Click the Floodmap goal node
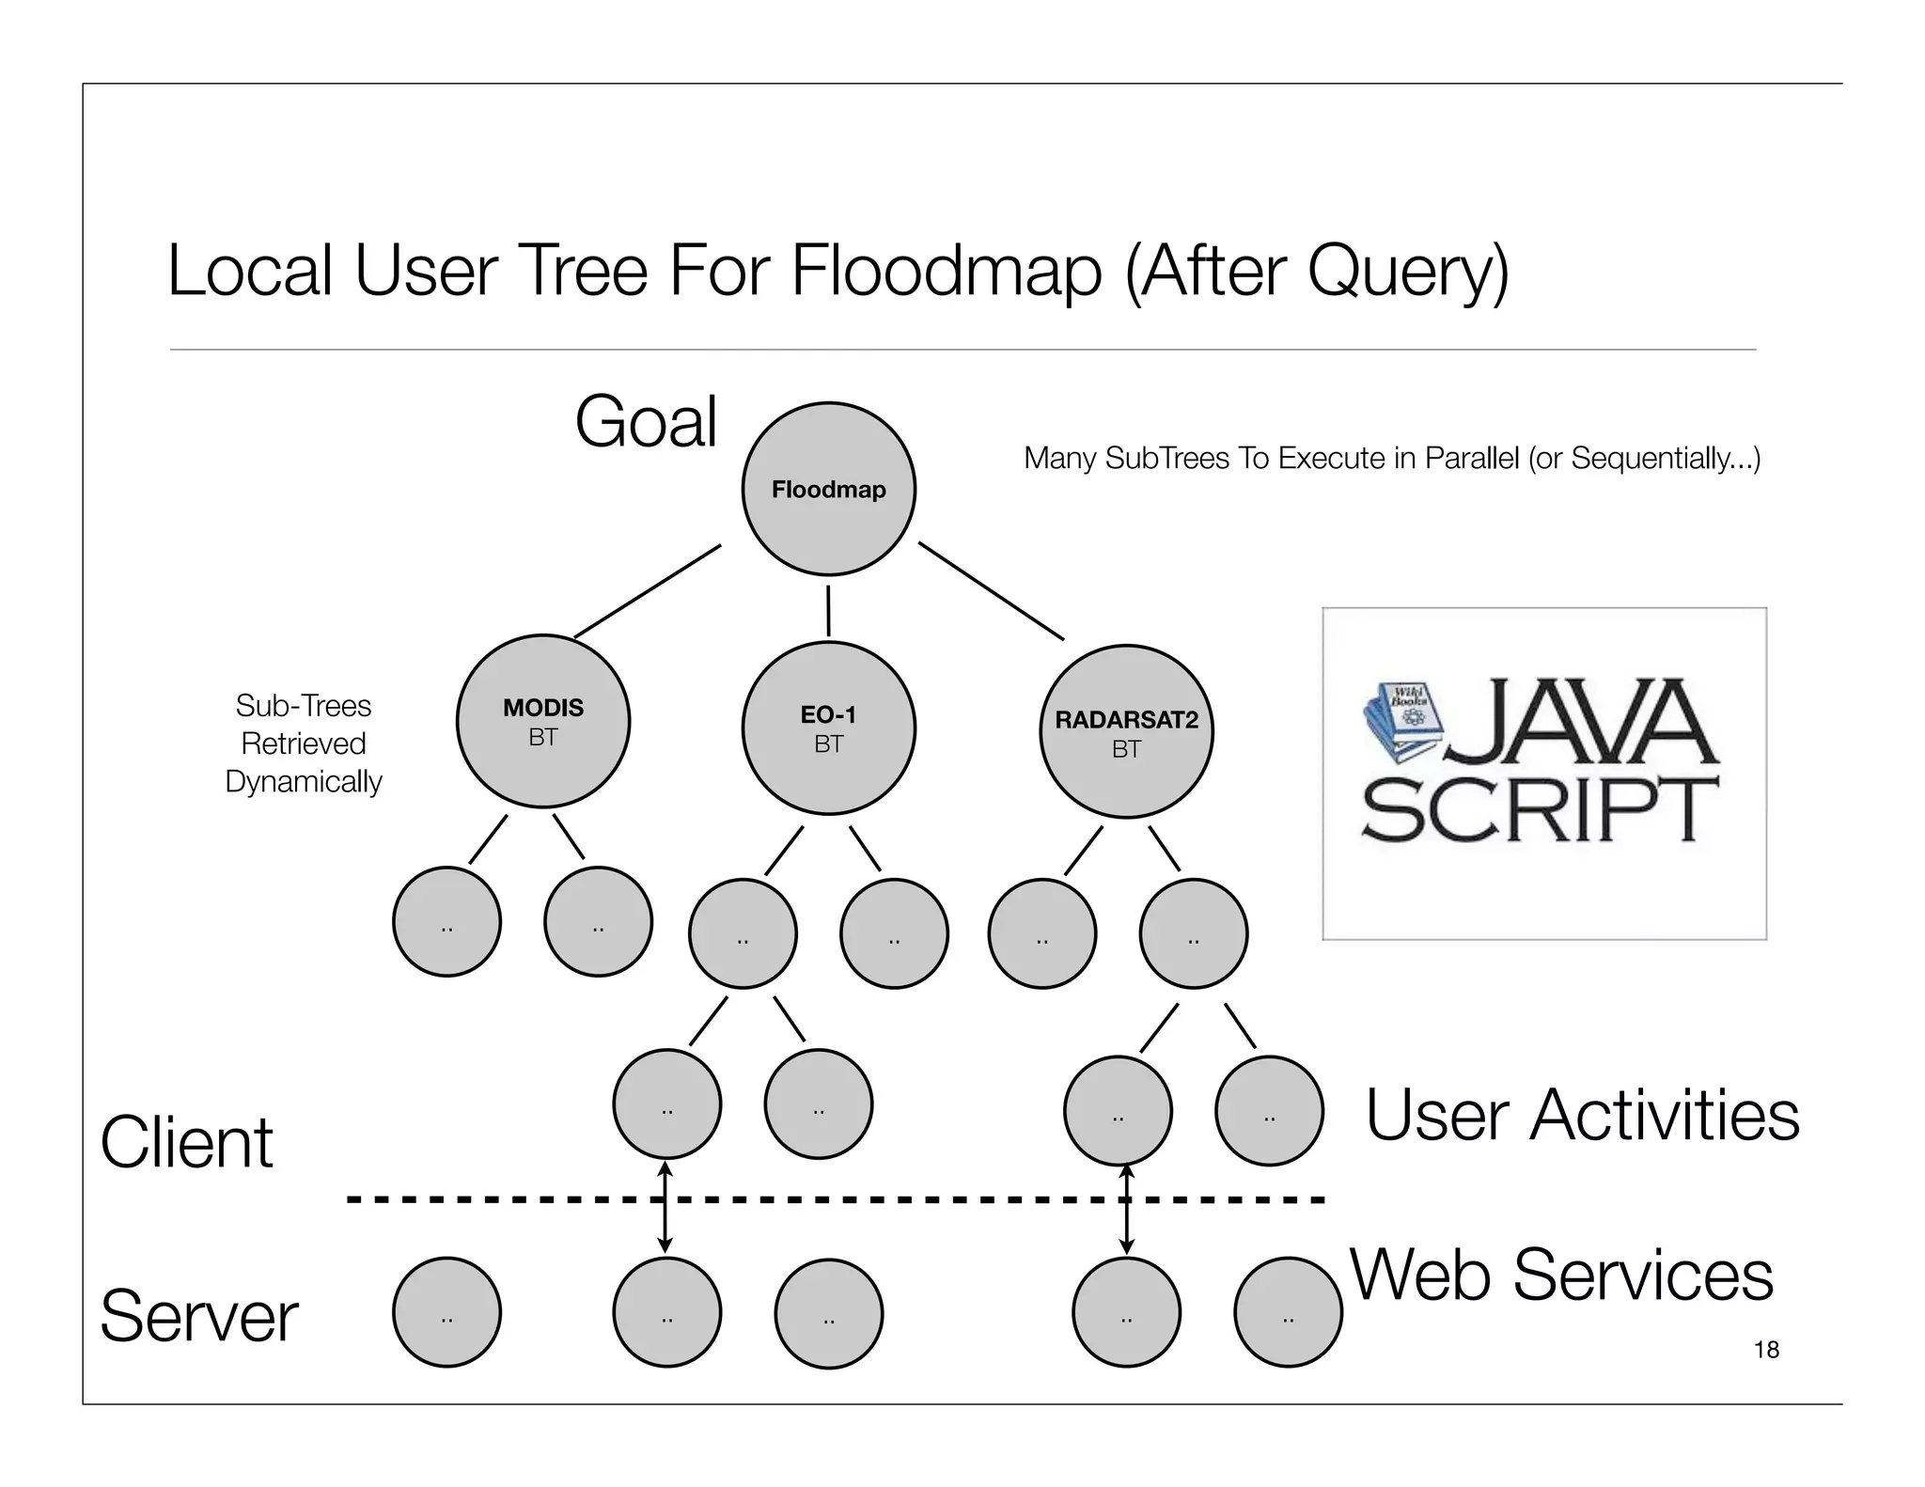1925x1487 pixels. pyautogui.click(x=828, y=489)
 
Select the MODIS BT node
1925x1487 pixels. pyautogui.click(x=543, y=721)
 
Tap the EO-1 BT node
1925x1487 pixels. pyautogui.click(x=828, y=728)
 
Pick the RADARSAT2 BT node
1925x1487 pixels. pyautogui.click(x=1126, y=732)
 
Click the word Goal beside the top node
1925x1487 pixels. pyautogui.click(x=646, y=422)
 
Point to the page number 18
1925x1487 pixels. pyautogui.click(x=1766, y=1350)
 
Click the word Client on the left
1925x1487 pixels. pyautogui.click(x=186, y=1143)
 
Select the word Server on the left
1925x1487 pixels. pyautogui.click(x=198, y=1316)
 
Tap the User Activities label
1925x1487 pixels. pyautogui.click(x=1582, y=1116)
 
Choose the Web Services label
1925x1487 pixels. pyautogui.click(x=1561, y=1276)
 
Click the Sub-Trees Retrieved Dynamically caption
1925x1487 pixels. pyautogui.click(x=304, y=743)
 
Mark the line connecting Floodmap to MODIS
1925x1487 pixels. pyautogui.click(x=648, y=590)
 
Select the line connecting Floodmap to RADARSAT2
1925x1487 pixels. pyautogui.click(x=992, y=590)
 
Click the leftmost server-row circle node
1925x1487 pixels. pyautogui.click(x=446, y=1312)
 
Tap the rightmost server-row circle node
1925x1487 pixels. pyautogui.click(x=1288, y=1312)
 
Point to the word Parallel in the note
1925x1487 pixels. pyautogui.click(x=1472, y=458)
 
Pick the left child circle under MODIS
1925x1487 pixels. pyautogui.click(x=446, y=921)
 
